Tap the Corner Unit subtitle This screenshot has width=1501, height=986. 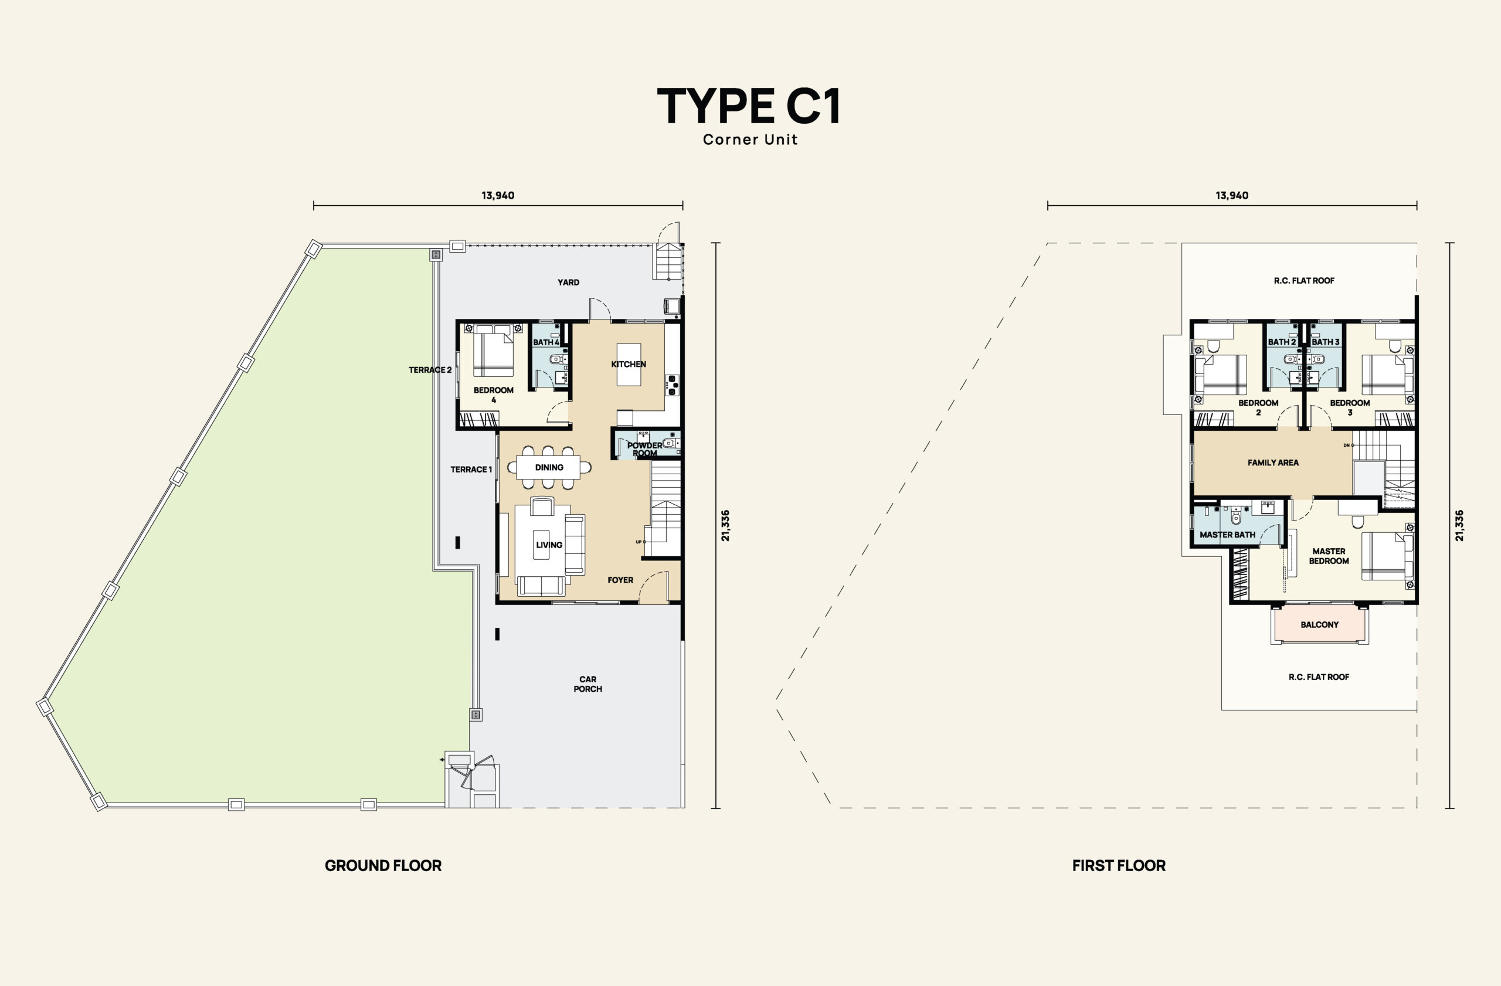click(750, 140)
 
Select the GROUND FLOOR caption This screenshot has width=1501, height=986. click(383, 866)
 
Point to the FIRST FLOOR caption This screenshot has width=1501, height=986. click(1119, 866)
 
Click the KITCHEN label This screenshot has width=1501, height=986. click(629, 364)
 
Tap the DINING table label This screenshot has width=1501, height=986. click(549, 467)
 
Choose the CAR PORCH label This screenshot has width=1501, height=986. click(588, 684)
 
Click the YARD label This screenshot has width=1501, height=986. click(568, 282)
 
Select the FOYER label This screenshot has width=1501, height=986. click(620, 580)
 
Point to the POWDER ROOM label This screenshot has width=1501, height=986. click(644, 449)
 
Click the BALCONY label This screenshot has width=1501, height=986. click(1319, 625)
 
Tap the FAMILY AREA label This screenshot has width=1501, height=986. click(1273, 463)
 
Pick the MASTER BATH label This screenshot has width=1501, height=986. click(1227, 535)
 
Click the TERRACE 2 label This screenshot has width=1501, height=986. click(430, 370)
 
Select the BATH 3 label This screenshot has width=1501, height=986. click(1326, 342)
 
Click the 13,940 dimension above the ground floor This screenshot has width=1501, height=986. click(498, 195)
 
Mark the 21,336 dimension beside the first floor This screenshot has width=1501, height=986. click(1459, 526)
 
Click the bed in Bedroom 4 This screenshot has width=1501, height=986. click(493, 350)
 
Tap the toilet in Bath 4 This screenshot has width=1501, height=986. click(556, 359)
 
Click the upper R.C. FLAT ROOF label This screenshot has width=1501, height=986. click(1304, 281)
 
